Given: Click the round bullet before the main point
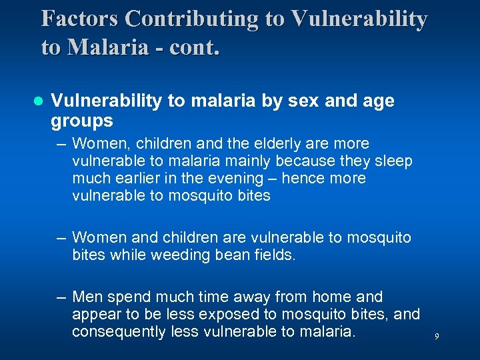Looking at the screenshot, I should tap(38, 101).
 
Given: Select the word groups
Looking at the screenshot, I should tap(82, 121).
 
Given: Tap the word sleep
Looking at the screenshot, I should tap(395, 161).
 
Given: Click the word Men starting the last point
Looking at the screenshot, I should tap(87, 297).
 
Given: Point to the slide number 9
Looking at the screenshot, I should tap(437, 337).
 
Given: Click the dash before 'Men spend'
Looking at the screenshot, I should tap(61, 297).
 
